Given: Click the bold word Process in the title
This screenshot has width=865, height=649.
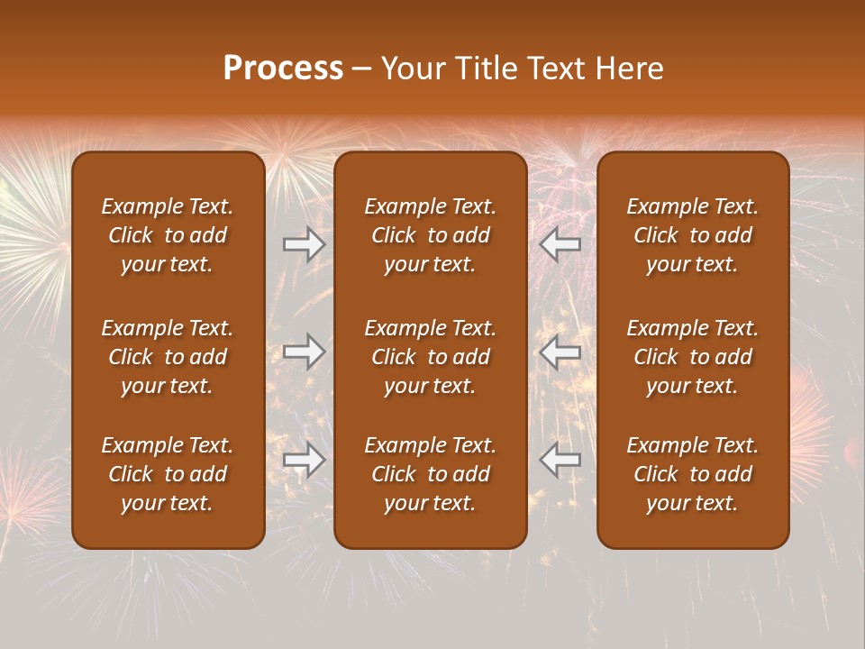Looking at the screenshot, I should (283, 69).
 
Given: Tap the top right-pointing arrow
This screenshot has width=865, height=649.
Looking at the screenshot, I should (305, 244).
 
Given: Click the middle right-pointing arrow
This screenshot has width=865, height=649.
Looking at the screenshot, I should (305, 352).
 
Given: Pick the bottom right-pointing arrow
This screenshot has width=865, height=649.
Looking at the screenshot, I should (305, 460).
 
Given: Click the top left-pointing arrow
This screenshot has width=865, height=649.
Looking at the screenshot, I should (560, 244).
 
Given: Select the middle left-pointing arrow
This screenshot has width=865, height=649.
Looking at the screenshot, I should (560, 352).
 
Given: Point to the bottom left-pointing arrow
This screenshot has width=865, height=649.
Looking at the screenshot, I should (560, 460).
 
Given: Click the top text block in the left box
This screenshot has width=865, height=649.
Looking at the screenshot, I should (168, 235).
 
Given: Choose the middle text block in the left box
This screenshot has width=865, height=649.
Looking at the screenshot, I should (168, 357).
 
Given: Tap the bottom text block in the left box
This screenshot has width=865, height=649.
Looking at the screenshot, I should (168, 474).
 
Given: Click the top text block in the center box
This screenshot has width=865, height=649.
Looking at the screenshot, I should (430, 235).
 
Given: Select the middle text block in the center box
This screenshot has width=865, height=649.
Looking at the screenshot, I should (430, 357).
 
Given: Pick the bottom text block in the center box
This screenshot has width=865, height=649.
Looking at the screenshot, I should (430, 474).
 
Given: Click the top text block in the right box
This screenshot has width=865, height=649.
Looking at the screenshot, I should (692, 235).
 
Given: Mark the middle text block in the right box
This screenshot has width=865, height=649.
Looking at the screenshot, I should (692, 357).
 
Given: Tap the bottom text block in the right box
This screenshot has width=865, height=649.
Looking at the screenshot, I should (692, 474).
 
